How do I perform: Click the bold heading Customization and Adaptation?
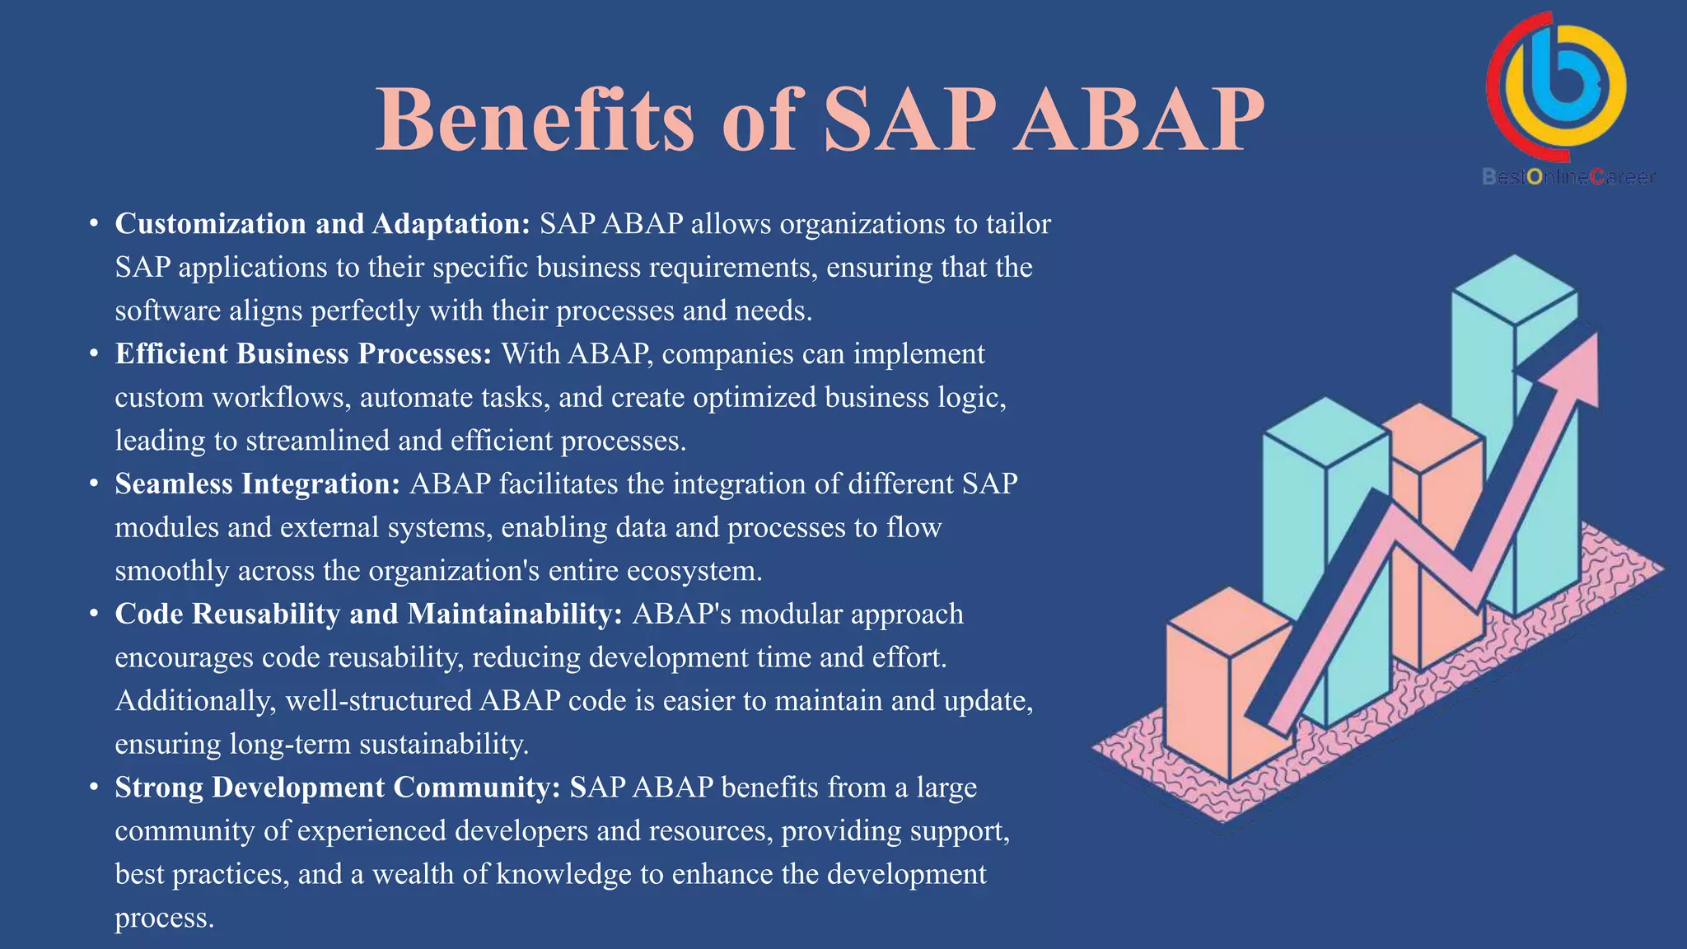pos(322,224)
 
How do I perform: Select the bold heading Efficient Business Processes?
pos(303,354)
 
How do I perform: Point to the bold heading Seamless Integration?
pos(257,484)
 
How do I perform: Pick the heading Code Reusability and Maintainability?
pos(368,615)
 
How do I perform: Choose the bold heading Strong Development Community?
pos(338,788)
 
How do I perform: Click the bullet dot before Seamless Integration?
pos(95,484)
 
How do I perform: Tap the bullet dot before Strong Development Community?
pos(95,788)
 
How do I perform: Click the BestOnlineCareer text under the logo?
pos(1568,177)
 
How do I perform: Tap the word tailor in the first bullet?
pos(1018,224)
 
